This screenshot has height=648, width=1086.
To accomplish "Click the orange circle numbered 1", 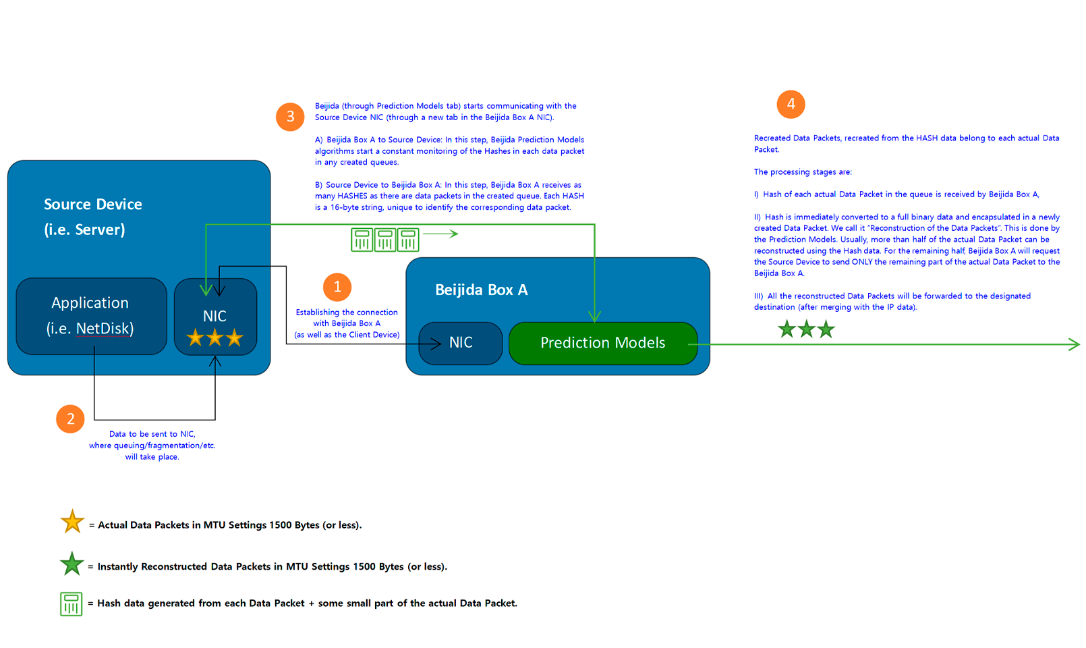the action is pos(337,287).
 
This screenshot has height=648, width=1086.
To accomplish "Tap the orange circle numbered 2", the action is pos(70,418).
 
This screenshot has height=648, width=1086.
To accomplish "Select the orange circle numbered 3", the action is pos(290,116).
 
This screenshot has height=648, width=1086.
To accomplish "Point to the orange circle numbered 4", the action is pos(791,104).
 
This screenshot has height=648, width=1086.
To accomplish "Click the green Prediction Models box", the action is pos(602,343).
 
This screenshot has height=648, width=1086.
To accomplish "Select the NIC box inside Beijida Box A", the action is pos(461,343).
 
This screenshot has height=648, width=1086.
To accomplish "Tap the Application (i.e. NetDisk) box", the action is pos(91,316).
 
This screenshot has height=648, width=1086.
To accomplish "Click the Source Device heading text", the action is pos(92,205).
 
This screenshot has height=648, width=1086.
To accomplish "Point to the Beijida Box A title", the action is pos(482,290).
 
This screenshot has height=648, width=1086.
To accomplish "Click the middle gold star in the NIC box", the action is pos(215,337).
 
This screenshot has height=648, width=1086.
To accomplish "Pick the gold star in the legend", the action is pos(72,521).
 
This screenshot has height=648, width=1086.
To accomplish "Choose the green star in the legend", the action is pos(72,563).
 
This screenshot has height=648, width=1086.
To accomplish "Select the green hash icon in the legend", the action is pos(72,604).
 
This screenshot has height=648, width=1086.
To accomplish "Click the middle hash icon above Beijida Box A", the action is pos(385,240).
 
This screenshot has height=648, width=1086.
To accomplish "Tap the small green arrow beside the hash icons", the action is pos(440,234).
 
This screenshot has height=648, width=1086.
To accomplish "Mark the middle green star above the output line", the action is pos(806,329).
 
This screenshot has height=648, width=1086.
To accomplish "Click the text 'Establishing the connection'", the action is pos(347,313).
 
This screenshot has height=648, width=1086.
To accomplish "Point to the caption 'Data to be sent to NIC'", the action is pos(152,434).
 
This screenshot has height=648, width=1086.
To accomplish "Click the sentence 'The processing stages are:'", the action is pos(803,171).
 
